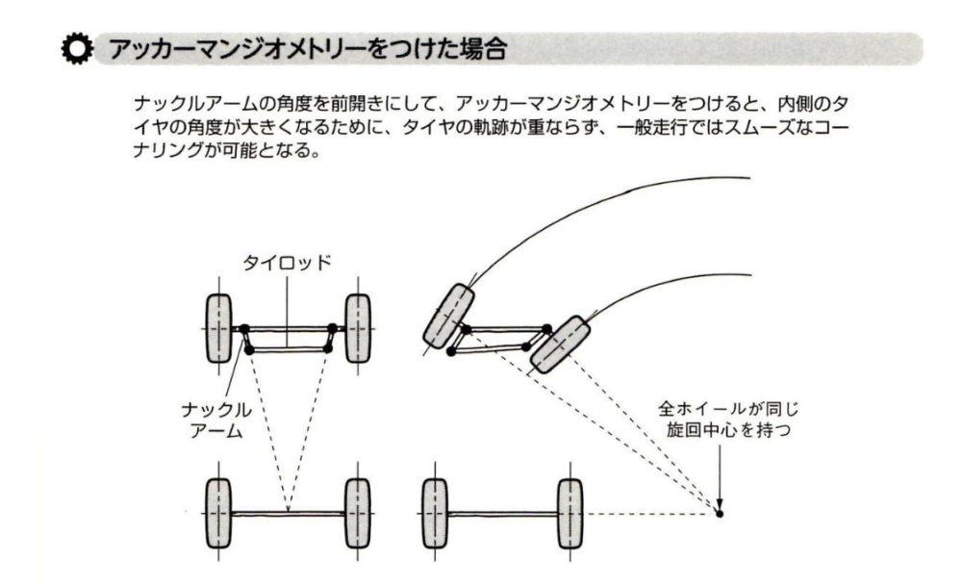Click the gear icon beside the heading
pyautogui.click(x=77, y=49)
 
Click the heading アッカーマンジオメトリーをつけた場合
pyautogui.click(x=309, y=48)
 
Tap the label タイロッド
pyautogui.click(x=287, y=263)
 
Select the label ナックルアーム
pyautogui.click(x=216, y=420)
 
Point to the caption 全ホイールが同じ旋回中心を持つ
pyautogui.click(x=728, y=420)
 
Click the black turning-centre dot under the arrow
pyautogui.click(x=720, y=514)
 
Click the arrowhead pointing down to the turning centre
pyautogui.click(x=720, y=504)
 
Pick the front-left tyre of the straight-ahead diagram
pyautogui.click(x=218, y=328)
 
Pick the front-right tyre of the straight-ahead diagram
pyautogui.click(x=358, y=328)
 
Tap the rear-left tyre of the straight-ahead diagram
pyautogui.click(x=218, y=514)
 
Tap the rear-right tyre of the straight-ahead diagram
pyautogui.click(x=358, y=514)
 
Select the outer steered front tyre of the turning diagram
pyautogui.click(x=449, y=316)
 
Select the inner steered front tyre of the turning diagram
pyautogui.click(x=560, y=344)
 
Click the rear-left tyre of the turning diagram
pyautogui.click(x=436, y=514)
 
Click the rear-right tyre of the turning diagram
pyautogui.click(x=570, y=514)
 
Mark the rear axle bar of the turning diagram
pyautogui.click(x=503, y=514)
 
